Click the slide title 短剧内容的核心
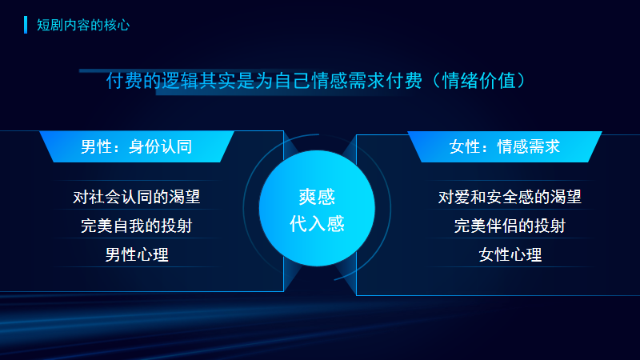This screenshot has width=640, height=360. coord(82,25)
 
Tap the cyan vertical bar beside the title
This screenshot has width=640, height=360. coord(26,25)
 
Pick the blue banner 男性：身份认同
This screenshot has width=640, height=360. coord(136,147)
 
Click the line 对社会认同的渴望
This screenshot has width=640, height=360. coord(136,196)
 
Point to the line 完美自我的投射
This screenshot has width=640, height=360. coord(136,226)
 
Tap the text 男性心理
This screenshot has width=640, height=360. coord(137,255)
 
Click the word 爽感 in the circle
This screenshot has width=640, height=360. coord(317,198)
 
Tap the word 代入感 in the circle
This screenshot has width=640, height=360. coord(317,224)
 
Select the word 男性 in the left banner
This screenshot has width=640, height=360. coord(97,147)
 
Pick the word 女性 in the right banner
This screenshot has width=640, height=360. coord(465,147)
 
